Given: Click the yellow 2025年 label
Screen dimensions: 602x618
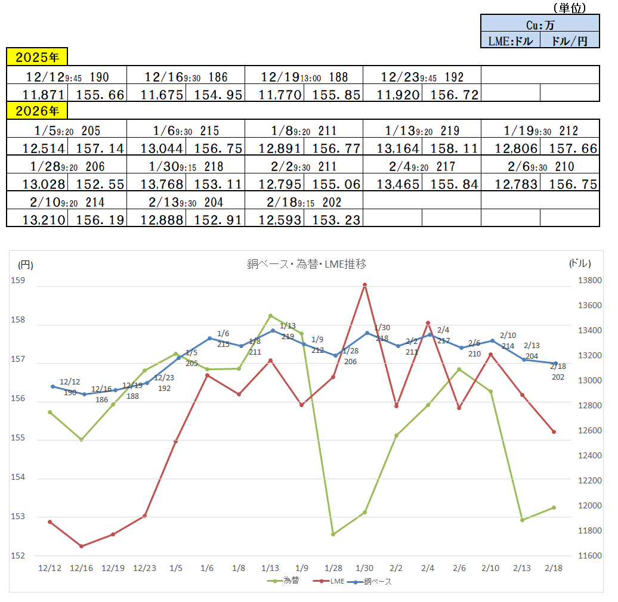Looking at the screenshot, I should (37, 57).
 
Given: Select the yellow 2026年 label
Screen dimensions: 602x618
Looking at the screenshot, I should (37, 111).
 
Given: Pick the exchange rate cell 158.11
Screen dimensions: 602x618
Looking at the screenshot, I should (452, 148).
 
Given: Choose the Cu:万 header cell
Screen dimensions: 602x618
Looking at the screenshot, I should (540, 24).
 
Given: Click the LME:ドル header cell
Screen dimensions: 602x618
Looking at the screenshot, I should (511, 41).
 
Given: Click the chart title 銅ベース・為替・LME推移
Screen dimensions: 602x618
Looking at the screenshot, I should (307, 263).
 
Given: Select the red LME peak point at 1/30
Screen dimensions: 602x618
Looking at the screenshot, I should (364, 285).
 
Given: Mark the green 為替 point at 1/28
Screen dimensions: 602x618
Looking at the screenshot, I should (333, 534).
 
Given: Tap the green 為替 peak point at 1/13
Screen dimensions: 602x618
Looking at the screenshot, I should (270, 315).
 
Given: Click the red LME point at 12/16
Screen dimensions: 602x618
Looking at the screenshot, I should (81, 546).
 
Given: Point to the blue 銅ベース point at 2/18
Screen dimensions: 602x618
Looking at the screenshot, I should (554, 363).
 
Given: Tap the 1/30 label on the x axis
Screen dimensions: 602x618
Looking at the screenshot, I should (364, 568).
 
